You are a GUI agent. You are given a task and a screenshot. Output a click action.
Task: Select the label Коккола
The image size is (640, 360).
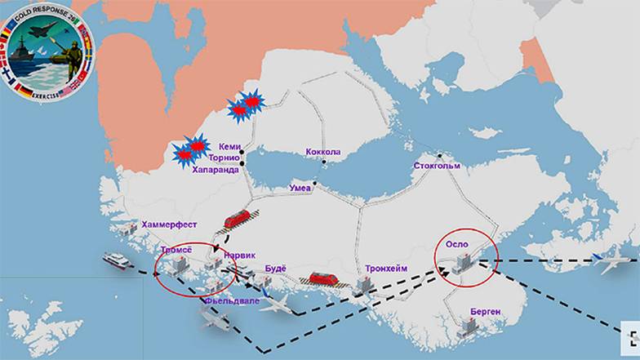[322, 152]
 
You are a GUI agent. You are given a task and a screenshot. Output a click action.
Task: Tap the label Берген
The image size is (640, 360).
[485, 311]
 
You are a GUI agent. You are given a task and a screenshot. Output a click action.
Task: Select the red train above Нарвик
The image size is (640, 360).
[237, 219]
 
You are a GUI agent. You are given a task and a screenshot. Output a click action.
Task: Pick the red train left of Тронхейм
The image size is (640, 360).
[322, 278]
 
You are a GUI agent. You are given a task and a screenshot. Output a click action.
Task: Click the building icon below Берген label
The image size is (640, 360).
[469, 327]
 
